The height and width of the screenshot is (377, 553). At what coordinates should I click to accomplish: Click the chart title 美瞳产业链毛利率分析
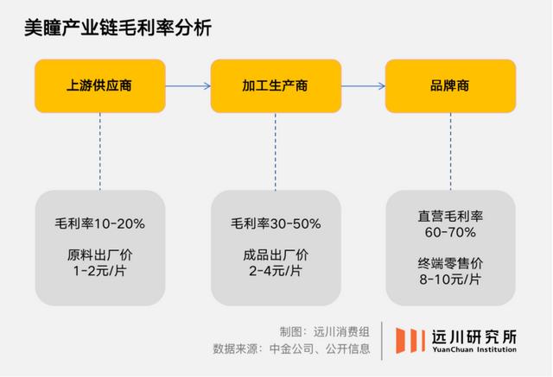118,28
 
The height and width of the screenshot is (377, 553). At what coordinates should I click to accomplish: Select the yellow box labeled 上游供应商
100,86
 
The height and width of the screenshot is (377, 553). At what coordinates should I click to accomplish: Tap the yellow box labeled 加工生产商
276,86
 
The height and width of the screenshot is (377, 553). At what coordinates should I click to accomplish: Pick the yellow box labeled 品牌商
450,86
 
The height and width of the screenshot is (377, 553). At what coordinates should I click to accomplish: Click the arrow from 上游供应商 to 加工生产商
188,86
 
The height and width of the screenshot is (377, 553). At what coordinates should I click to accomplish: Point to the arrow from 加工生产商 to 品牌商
363,86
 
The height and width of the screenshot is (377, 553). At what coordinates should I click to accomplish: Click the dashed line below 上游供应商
100,152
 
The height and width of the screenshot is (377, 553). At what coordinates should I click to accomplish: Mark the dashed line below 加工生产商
276,152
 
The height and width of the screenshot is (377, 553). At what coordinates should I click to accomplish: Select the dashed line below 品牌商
450,152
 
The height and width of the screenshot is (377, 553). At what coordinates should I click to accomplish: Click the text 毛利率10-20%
100,223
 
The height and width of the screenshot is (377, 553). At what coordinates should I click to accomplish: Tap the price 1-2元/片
100,271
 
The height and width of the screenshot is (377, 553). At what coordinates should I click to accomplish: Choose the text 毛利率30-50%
276,223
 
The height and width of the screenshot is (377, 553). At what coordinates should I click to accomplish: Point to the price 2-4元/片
276,271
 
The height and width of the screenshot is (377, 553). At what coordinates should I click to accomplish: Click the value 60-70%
450,232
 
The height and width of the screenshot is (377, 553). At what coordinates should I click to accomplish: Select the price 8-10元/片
450,280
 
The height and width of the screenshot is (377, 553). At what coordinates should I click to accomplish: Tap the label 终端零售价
450,263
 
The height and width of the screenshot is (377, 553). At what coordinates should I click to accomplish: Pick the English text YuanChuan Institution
474,349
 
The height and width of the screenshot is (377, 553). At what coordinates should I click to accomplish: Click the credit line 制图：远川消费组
325,331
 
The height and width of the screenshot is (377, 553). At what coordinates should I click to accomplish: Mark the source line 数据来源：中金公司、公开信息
291,349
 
